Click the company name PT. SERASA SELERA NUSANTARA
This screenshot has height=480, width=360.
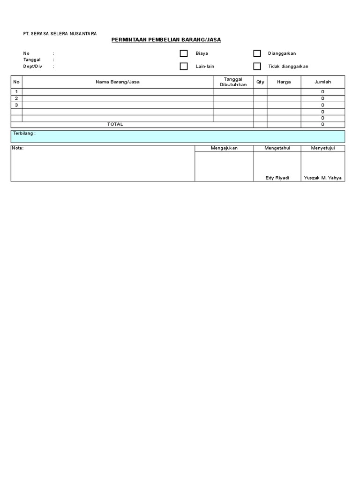60,34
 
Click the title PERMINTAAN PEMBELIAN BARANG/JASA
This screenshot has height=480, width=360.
166,40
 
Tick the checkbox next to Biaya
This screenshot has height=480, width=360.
184,54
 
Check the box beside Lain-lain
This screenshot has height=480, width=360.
184,67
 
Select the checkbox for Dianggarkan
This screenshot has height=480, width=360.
257,54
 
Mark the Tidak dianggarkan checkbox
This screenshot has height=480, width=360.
257,67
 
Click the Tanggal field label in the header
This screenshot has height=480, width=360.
32,60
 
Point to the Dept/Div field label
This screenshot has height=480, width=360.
33,67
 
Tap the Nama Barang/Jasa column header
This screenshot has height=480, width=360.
118,82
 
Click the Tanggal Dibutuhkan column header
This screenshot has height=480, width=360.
233,82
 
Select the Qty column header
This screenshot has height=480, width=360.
260,82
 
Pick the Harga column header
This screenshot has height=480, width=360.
284,82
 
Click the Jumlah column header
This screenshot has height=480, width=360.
322,82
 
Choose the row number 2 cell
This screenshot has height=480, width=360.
16,98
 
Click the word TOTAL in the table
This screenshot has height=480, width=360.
115,125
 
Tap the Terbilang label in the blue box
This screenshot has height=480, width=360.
24,134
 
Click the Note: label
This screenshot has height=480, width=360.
18,148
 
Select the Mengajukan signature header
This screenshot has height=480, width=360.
224,148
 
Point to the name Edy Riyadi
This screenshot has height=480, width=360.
277,178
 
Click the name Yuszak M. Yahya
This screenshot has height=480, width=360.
323,178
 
